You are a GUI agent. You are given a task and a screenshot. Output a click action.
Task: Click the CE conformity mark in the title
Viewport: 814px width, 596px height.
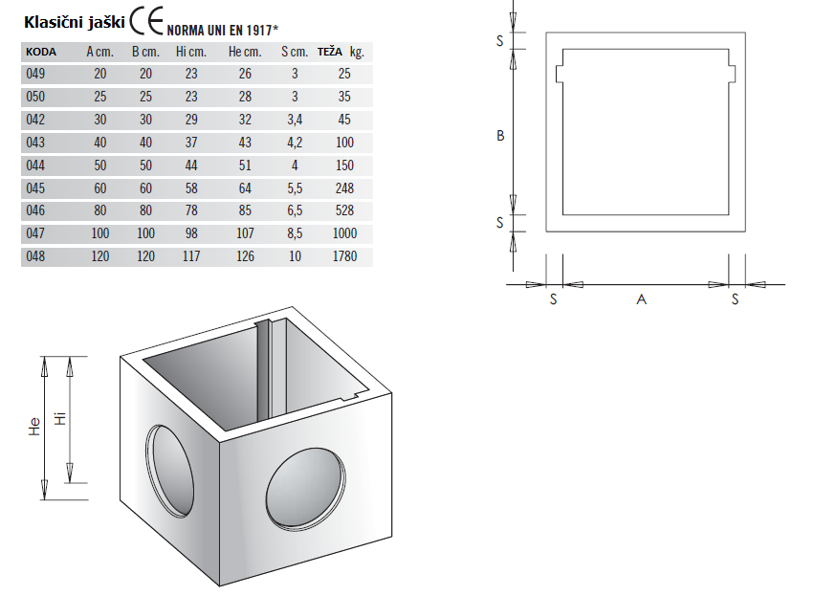pyautogui.click(x=146, y=21)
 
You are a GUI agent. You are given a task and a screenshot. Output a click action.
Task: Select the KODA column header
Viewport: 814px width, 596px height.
pyautogui.click(x=41, y=52)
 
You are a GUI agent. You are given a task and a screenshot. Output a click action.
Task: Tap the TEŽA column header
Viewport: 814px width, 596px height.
pyautogui.click(x=330, y=52)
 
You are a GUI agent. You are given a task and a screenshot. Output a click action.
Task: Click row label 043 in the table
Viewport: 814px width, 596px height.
pyautogui.click(x=35, y=143)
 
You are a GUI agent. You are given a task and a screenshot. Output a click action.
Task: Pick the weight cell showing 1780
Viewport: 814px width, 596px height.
pyautogui.click(x=344, y=256)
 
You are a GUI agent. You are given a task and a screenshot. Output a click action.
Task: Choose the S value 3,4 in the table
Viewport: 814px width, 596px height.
pyautogui.click(x=295, y=120)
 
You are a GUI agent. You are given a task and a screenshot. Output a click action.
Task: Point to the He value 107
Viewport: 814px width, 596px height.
pyautogui.click(x=245, y=233)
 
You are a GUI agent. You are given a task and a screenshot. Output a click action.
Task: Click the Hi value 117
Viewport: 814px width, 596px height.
pyautogui.click(x=191, y=256)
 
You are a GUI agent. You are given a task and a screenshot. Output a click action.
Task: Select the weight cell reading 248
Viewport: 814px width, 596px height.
pyautogui.click(x=344, y=188)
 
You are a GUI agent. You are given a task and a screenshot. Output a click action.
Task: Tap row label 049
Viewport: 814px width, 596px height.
pyautogui.click(x=35, y=74)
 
